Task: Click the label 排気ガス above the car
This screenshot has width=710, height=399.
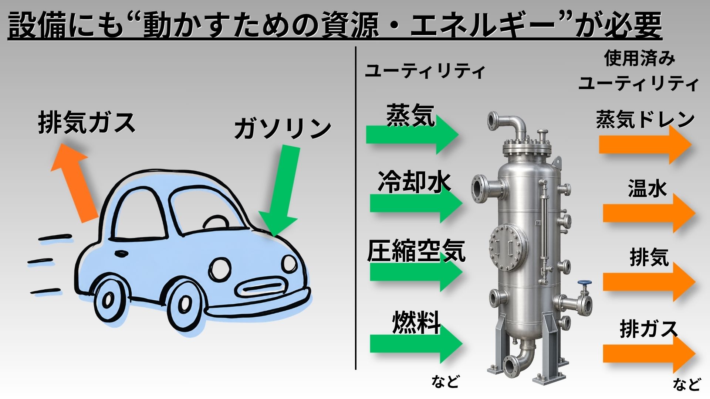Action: click(87, 123)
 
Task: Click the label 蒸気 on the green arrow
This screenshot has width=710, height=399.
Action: click(410, 115)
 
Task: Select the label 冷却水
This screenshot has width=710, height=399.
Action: click(415, 182)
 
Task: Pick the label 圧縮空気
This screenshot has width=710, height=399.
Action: click(416, 251)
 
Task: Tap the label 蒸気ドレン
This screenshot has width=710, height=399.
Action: click(645, 119)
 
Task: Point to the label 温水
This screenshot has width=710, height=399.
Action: click(647, 188)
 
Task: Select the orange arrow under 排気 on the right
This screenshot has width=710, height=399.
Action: click(649, 282)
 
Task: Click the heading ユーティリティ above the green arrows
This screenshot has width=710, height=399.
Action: click(425, 71)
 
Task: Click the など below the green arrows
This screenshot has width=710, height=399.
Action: click(445, 381)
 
